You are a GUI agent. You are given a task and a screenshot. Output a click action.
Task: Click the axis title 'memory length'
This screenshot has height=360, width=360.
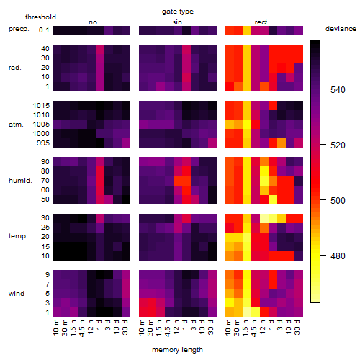coord(177,350)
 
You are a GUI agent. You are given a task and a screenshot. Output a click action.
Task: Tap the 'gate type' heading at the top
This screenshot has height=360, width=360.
coord(178,12)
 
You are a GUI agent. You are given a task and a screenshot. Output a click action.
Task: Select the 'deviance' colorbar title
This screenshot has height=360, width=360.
coord(341,29)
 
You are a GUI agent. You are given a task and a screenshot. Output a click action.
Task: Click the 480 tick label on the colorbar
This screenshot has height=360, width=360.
coord(338,256)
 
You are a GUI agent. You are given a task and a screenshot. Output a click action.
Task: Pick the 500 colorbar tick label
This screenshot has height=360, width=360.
coord(338,201)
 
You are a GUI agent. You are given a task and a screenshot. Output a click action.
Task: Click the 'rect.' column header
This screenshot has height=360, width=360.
coord(261,22)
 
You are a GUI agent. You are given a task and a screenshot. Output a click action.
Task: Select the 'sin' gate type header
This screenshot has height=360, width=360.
coord(177,22)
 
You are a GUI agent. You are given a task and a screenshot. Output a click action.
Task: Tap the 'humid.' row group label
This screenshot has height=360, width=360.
coord(20,181)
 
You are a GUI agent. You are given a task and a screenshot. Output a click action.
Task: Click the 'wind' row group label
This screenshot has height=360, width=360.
coord(17,294)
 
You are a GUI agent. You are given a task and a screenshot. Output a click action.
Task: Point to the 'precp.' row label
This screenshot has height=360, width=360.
coord(19,29)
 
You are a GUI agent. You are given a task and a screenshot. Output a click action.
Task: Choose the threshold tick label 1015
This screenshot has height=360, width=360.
coord(41,105)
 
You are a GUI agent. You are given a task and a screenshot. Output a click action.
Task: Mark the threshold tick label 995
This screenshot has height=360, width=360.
coord(43,143)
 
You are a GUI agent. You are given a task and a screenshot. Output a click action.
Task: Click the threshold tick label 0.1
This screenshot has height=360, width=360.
coord(44,30)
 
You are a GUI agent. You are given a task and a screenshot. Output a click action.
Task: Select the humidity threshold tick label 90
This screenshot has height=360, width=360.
coord(45,162)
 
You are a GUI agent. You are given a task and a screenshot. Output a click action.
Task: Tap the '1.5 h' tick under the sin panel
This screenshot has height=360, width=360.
coord(159,328)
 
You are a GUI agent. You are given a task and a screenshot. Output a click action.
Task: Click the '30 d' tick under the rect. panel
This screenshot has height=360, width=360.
coord(297,328)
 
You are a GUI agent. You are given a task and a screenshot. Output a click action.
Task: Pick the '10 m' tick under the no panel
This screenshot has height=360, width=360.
coord(55,328)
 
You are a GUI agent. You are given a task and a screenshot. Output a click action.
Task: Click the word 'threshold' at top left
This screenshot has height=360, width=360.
coord(40,17)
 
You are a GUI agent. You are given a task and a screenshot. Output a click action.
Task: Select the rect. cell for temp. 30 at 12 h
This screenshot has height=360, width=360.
coord(264,218)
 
